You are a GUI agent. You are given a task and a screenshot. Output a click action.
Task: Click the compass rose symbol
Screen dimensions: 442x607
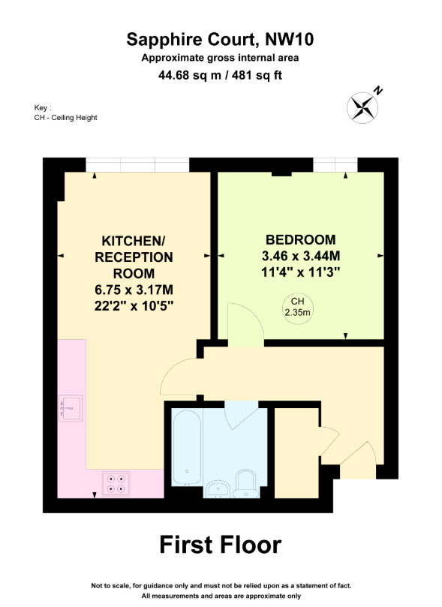click(x=362, y=107)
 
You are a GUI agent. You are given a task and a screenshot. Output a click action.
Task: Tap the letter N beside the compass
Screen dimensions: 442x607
click(x=377, y=91)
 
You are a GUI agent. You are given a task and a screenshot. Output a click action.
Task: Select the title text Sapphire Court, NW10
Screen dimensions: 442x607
click(x=220, y=40)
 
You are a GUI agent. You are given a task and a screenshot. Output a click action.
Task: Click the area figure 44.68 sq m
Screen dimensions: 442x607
click(x=190, y=75)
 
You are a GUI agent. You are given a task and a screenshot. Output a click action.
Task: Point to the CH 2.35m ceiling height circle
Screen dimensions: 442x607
click(x=297, y=308)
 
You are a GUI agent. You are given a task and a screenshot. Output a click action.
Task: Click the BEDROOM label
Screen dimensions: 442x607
click(x=301, y=240)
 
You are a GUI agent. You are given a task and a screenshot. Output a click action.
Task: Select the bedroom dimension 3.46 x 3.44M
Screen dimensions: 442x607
click(x=301, y=256)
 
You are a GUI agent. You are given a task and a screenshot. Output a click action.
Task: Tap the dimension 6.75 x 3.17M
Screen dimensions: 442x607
click(x=134, y=290)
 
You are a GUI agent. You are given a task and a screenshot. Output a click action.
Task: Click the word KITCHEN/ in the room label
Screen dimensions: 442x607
click(x=133, y=241)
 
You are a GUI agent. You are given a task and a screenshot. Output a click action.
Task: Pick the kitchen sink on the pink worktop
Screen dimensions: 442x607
click(x=71, y=408)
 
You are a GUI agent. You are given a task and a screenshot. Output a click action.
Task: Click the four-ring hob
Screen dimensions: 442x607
click(x=116, y=484)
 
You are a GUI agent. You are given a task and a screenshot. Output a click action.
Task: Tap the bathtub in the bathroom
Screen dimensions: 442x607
click(x=187, y=447)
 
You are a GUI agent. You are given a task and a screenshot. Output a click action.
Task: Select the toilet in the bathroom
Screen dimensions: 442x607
click(x=246, y=484)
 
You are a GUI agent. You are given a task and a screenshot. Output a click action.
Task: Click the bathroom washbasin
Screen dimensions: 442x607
click(x=218, y=489)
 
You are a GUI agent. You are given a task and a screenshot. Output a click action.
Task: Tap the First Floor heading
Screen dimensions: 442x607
click(x=221, y=545)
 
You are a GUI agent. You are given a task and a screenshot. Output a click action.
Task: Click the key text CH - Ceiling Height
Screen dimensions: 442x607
click(x=66, y=118)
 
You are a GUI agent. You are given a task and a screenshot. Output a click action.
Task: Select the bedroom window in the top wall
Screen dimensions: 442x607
click(x=335, y=164)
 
